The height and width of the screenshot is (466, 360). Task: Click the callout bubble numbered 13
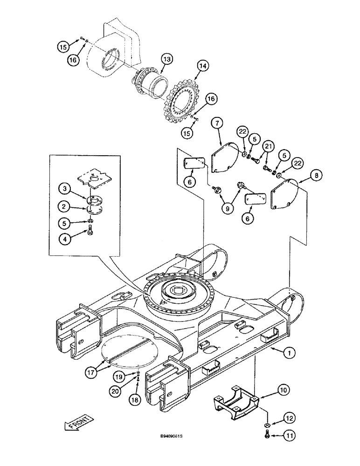(166, 59)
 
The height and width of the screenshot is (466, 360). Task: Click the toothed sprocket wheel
(181, 103)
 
